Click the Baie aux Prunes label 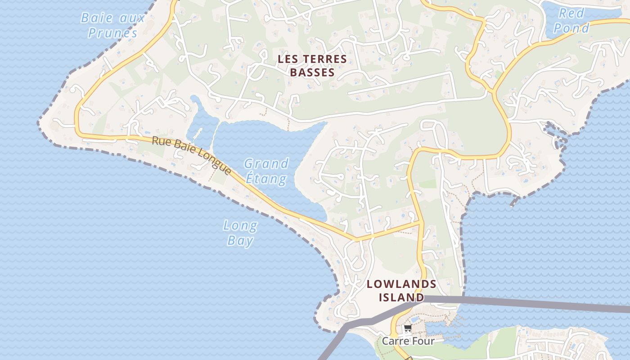pos(112,25)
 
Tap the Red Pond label pos(571,21)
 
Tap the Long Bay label pos(240,233)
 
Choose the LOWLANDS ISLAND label pos(401,291)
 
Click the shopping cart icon pos(408,328)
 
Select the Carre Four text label pos(408,341)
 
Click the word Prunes pos(112,33)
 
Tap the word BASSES pos(312,72)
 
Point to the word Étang pos(266,179)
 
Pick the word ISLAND pos(401,297)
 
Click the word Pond pos(571,28)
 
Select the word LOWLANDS pos(401,284)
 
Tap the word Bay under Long pos(240,240)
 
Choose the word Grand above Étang pos(266,163)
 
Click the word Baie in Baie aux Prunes pos(95,18)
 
